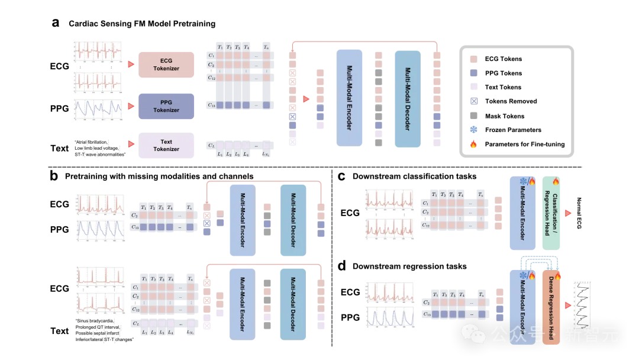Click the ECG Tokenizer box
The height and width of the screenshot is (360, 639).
166,65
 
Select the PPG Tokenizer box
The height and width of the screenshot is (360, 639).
166,106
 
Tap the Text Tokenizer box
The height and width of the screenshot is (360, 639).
166,146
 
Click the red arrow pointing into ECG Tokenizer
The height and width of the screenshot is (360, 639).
131,64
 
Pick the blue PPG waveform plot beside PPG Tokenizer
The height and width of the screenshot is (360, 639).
97,110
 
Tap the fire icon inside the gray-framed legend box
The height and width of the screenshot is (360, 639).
473,144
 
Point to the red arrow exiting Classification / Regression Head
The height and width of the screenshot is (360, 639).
568,213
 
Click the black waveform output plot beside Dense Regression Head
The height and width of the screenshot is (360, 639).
582,304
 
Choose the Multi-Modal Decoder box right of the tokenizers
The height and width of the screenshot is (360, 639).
407,98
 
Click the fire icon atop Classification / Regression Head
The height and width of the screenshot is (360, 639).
556,182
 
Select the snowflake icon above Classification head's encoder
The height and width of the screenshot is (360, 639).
523,181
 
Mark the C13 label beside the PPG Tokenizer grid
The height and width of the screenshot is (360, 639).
211,105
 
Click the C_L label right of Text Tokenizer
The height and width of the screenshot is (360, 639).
211,145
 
